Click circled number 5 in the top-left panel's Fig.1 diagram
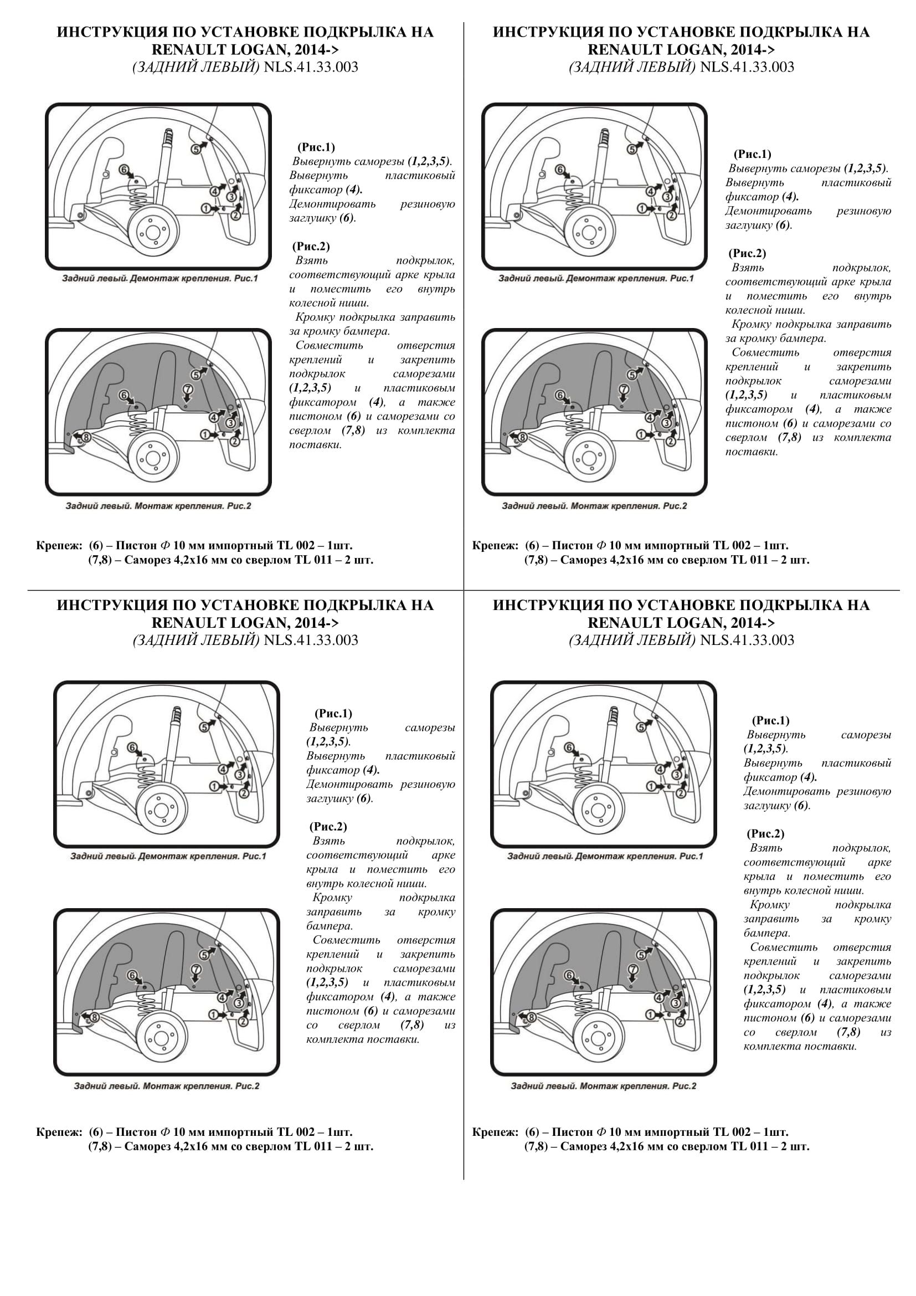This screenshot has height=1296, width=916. tap(195, 148)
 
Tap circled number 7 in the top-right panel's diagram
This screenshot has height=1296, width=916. tap(624, 390)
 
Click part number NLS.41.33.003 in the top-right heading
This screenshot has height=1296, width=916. tap(747, 67)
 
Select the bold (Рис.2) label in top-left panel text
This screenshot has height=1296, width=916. tap(311, 246)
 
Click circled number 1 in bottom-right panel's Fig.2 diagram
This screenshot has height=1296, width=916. tap(650, 1015)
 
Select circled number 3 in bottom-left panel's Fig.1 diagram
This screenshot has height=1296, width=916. tap(239, 775)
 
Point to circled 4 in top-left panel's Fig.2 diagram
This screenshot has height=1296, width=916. tap(214, 417)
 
